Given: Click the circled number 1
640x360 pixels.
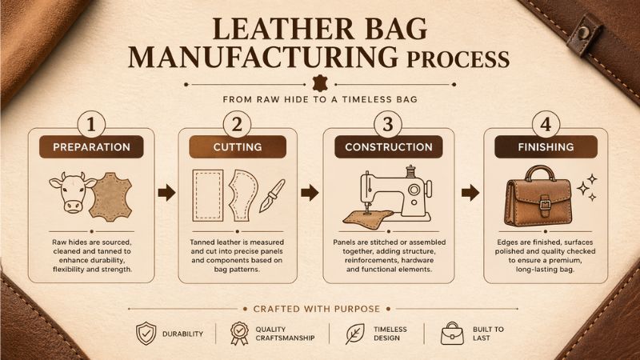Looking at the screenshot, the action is tap(91, 124).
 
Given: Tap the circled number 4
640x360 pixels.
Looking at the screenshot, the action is tap(546, 124).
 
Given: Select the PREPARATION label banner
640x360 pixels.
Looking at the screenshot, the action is tap(91, 147).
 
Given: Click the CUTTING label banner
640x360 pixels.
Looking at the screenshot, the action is tap(238, 147).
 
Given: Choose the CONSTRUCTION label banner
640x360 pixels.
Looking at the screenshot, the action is tap(389, 147).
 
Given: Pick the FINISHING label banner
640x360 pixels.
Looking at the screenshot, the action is tap(546, 147).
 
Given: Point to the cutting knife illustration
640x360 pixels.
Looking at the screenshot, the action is tap(272, 196).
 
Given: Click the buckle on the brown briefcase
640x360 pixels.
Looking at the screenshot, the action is tap(546, 203).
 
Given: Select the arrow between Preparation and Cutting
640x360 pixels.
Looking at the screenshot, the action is tap(166, 193).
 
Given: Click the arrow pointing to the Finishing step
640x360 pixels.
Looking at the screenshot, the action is tap(470, 193).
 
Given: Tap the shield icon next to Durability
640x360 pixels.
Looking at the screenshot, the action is tap(146, 334).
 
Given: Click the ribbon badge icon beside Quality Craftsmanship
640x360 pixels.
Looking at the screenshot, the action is tap(239, 334).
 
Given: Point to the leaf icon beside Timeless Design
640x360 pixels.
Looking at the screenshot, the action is tap(354, 334).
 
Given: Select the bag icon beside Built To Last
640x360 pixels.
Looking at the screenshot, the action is tap(452, 334).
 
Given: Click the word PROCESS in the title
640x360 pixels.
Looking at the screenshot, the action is tap(458, 59).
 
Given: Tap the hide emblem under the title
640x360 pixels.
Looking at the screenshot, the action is tap(320, 84).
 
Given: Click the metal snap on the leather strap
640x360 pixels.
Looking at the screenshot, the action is tap(585, 30).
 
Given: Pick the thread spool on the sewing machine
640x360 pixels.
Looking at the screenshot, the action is tap(410, 171).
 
